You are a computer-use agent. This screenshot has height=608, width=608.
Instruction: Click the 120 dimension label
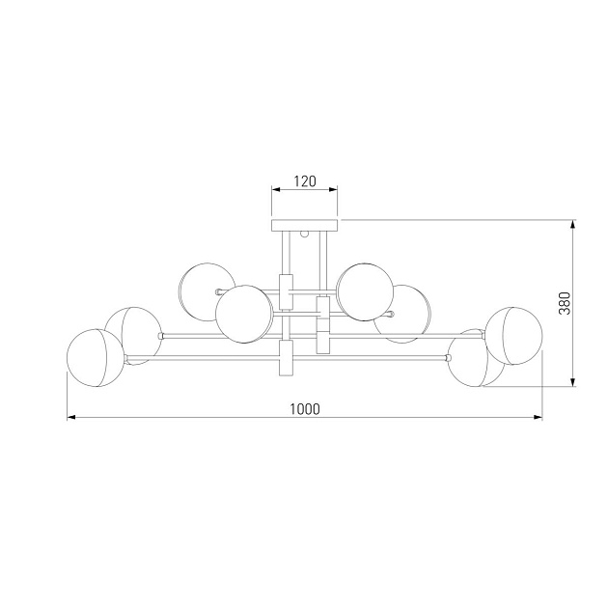[305, 181]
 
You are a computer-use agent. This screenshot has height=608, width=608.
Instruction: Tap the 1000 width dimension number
[305, 409]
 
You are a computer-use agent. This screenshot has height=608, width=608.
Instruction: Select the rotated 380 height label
[565, 303]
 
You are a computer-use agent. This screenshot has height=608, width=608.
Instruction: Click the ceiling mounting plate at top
[305, 225]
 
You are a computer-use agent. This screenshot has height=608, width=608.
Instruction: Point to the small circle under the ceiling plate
[305, 234]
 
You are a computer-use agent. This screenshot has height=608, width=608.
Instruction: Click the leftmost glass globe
[96, 358]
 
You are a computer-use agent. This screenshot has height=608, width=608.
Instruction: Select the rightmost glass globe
[513, 336]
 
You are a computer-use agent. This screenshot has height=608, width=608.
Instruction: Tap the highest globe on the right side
[365, 292]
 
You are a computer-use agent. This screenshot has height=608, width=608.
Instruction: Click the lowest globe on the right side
[475, 358]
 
